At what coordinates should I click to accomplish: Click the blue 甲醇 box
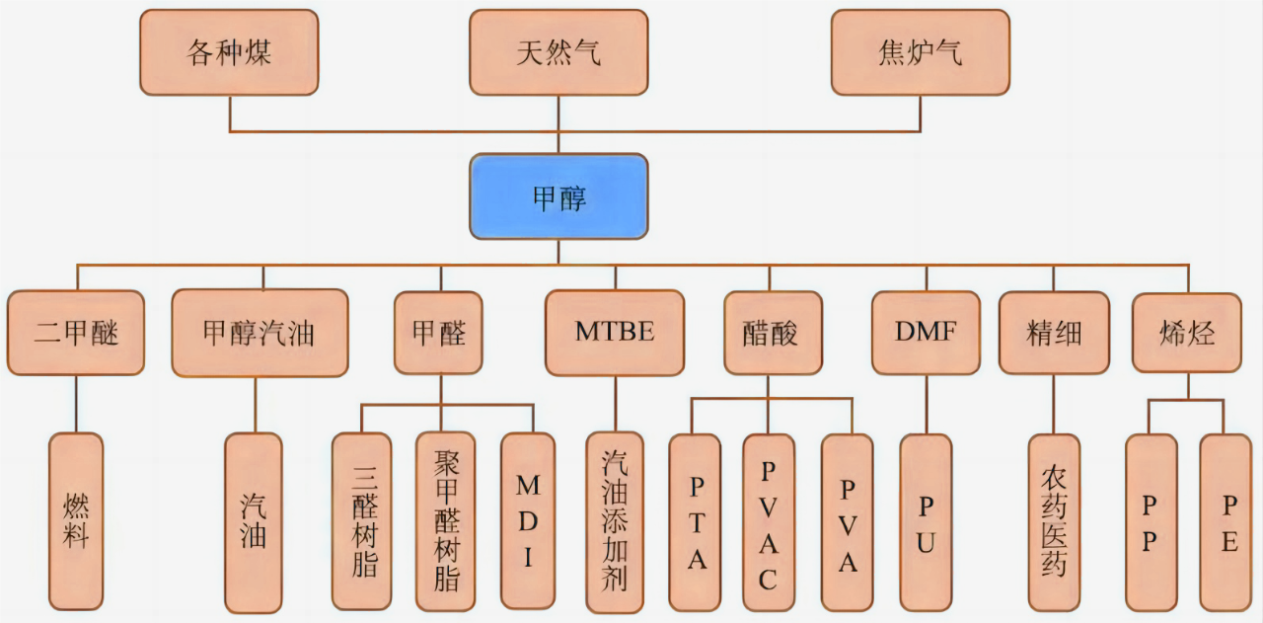pos(558,196)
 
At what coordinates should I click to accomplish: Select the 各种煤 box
pos(229,52)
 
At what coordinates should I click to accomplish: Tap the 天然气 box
pos(558,52)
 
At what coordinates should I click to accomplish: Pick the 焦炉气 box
pos(920,52)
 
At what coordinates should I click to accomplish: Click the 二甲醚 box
pos(76,333)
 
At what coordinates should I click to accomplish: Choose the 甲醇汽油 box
pos(260,333)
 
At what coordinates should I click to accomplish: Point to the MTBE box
pos(615,333)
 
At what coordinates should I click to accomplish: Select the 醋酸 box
pos(773,333)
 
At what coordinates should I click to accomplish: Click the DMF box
pos(926,333)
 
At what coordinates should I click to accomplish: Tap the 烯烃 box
pos(1187,333)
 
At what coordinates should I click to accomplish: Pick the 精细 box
pos(1054,333)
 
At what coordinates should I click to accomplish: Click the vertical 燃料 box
pos(76,520)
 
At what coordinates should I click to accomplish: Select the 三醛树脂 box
pos(362,520)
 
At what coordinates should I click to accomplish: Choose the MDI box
pos(528,520)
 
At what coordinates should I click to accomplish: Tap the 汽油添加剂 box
pos(615,520)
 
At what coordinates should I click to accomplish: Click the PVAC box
pos(769,522)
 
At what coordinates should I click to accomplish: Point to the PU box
pos(926,522)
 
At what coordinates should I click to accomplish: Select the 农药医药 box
pos(1054,522)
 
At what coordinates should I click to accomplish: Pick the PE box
pos(1228,522)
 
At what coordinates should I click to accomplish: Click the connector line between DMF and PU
pos(926,405)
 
